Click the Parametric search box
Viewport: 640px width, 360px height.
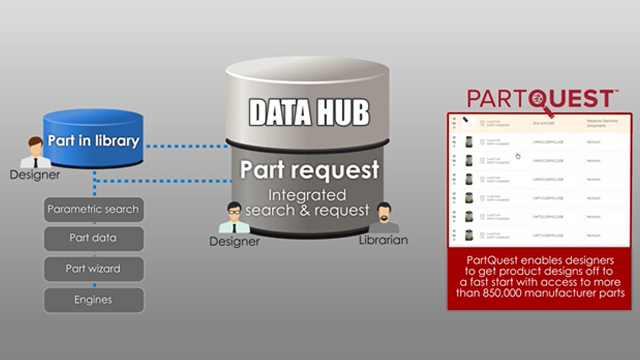94,210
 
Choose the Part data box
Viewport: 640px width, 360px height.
94,240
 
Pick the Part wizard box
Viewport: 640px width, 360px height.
94,270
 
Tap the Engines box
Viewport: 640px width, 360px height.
94,299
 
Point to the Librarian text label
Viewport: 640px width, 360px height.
381,242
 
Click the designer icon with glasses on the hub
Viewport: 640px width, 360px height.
234,216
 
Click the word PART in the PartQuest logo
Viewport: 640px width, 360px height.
499,98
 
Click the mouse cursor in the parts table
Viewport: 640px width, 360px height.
518,156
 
